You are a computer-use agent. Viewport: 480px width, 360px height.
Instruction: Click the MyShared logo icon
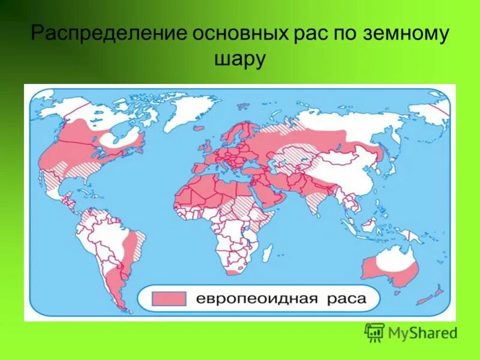[374, 332]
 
